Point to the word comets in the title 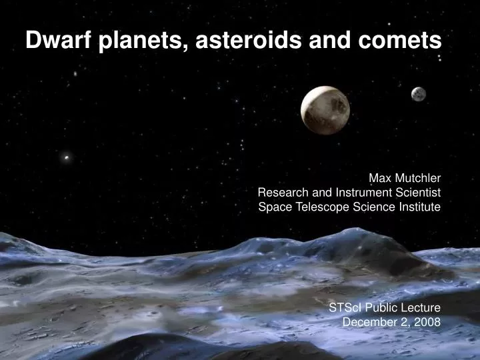tap(407, 41)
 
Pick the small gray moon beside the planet tap(418, 94)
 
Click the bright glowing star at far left tap(65, 158)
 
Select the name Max tap(380, 178)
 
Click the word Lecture tap(421, 307)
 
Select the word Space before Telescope tap(273, 207)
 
